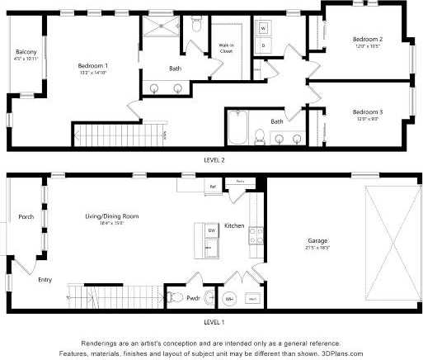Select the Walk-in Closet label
pos(226,48)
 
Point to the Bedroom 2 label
pos(367,39)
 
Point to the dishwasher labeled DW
pos(211,229)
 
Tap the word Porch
pos(26,217)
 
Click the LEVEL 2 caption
pos(214,159)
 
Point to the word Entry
pos(45,279)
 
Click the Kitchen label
pos(235,225)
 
